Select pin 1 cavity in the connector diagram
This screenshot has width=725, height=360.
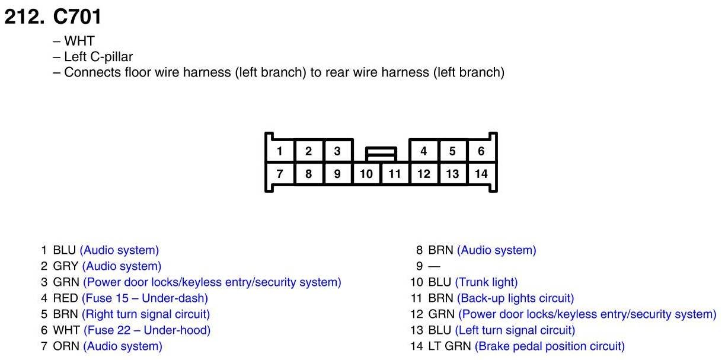pyautogui.click(x=279, y=151)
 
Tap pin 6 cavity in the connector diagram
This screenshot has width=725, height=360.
pyautogui.click(x=481, y=151)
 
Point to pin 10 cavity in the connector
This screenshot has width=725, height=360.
pyautogui.click(x=366, y=174)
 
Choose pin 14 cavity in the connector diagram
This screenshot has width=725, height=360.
pyautogui.click(x=481, y=174)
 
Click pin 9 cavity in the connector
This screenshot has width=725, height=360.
pyautogui.click(x=337, y=174)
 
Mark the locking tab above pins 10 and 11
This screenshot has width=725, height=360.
pyautogui.click(x=381, y=154)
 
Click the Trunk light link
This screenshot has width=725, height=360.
pyautogui.click(x=486, y=282)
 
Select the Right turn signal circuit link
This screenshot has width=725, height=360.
pyautogui.click(x=146, y=314)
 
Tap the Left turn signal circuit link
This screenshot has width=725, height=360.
pyautogui.click(x=515, y=330)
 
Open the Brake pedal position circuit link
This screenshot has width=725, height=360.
pyautogui.click(x=550, y=346)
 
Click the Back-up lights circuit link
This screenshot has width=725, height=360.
pyautogui.click(x=515, y=298)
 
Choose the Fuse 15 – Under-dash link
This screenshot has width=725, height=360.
pyautogui.click(x=145, y=298)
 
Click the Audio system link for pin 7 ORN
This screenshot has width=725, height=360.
pyautogui.click(x=123, y=346)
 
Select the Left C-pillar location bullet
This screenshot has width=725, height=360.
pyautogui.click(x=98, y=57)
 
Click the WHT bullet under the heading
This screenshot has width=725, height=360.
pyautogui.click(x=79, y=42)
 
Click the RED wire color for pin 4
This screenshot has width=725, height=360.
pyautogui.click(x=65, y=298)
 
